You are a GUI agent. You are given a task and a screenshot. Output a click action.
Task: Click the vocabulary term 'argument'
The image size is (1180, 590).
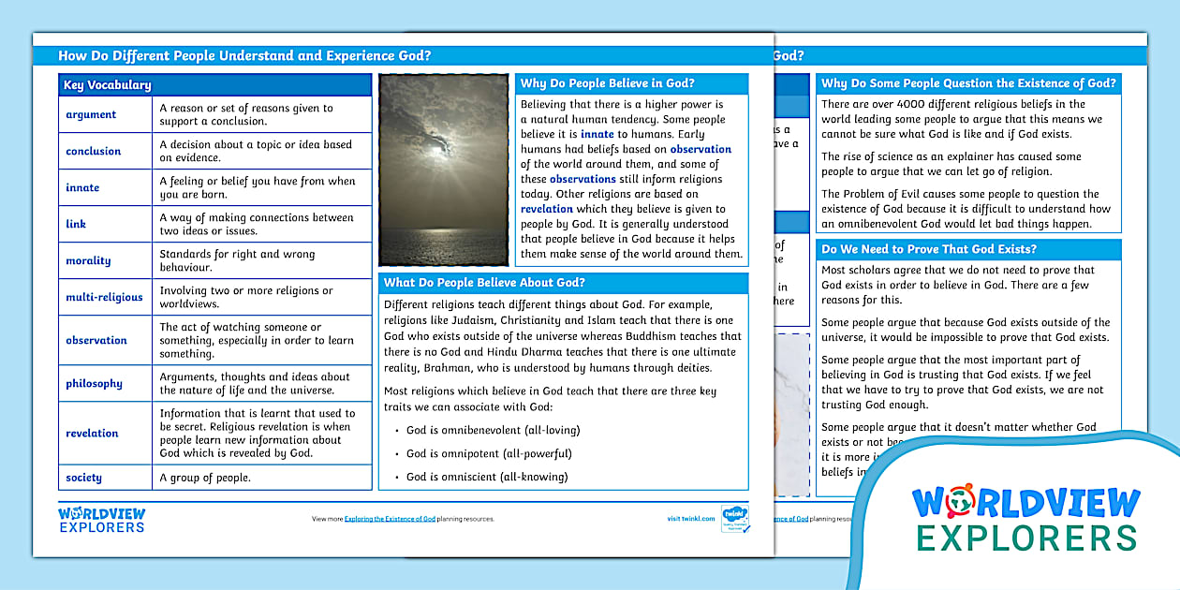(x=91, y=114)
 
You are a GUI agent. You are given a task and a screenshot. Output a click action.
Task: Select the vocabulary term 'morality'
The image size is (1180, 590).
(x=88, y=260)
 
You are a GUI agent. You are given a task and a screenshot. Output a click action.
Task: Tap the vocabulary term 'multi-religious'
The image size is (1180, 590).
(x=104, y=297)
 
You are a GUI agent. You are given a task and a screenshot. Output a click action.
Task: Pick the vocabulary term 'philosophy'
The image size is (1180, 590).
(x=94, y=383)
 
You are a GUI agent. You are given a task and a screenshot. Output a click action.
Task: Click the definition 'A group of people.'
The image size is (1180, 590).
(x=205, y=478)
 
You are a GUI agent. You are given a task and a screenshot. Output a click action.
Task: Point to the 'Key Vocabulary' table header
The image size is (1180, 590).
(x=107, y=85)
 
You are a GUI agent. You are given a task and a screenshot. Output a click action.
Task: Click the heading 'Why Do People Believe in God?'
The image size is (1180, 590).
(x=607, y=83)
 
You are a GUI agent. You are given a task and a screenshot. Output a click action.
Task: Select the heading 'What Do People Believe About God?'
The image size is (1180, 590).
(x=484, y=283)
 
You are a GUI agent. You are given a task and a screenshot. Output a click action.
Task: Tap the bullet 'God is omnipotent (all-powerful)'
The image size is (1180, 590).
(x=489, y=453)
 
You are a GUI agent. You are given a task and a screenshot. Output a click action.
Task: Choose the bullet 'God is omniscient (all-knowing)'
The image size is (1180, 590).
(x=487, y=477)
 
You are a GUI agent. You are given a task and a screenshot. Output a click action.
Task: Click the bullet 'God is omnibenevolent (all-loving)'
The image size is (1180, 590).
(x=493, y=430)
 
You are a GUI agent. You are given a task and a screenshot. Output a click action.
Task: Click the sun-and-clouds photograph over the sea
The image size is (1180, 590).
(x=444, y=170)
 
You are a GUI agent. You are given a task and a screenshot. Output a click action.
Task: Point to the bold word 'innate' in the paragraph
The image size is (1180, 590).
(x=597, y=134)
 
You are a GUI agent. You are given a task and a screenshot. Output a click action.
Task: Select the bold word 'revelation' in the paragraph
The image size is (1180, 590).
(x=546, y=209)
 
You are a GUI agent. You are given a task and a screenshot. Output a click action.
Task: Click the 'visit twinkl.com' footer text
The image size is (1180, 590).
(x=691, y=519)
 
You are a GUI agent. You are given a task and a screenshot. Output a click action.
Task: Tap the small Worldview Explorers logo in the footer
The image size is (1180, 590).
(x=102, y=520)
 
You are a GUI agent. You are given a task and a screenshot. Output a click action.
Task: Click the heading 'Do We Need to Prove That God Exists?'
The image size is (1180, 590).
(x=929, y=249)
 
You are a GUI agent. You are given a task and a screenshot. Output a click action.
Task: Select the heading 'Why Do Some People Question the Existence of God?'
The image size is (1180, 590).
(x=968, y=83)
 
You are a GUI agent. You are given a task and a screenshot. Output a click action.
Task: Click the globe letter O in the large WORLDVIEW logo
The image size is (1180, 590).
(x=959, y=504)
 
